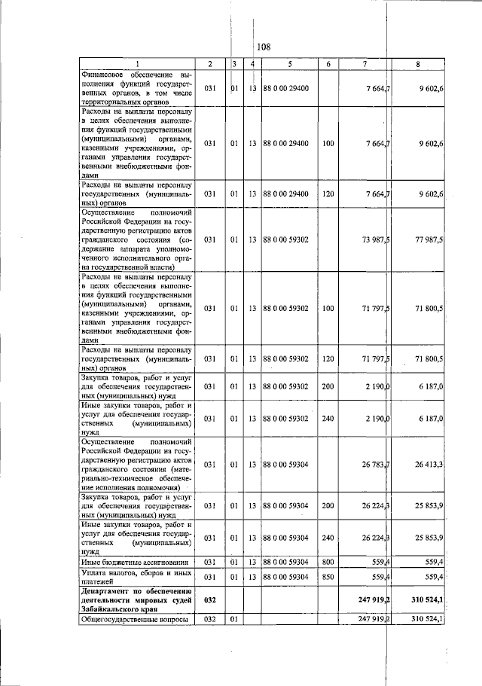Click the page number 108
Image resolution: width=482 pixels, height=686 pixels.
point(262,47)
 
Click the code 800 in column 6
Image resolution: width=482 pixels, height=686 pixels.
point(328,562)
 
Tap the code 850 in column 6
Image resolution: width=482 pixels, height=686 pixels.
point(328,577)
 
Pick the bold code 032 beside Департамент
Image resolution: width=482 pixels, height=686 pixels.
point(210,600)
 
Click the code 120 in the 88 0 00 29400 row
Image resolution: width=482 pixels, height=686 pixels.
point(328,194)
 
